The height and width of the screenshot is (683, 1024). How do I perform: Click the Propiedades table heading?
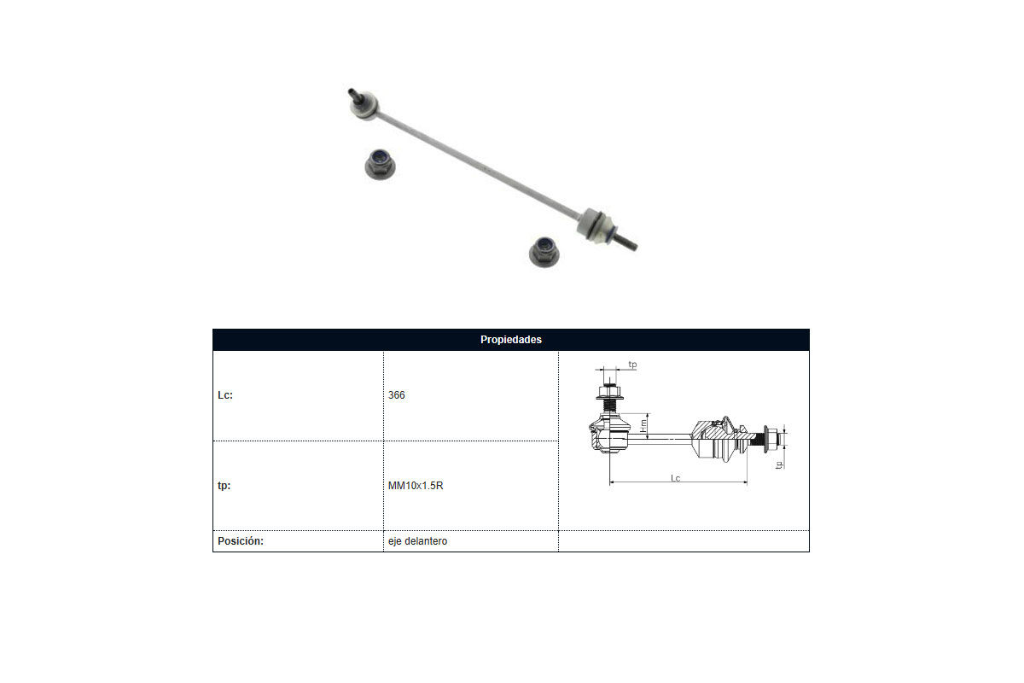[510, 340]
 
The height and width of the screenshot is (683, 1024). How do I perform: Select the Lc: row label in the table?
[225, 394]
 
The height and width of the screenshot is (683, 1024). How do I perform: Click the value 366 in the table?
[396, 394]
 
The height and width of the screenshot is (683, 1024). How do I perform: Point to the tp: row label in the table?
[224, 486]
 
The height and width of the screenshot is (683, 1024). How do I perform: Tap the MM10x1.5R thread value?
[416, 486]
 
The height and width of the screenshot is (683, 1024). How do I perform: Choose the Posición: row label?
[241, 540]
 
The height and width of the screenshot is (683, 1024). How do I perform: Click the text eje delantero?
[418, 541]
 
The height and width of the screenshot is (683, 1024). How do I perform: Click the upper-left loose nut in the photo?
[381, 164]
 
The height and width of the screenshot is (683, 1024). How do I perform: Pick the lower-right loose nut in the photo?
[544, 252]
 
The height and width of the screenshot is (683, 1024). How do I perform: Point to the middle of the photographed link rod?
[479, 165]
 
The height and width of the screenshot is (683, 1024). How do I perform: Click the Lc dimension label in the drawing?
[675, 478]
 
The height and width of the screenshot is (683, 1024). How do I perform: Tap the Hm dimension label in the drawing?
[643, 426]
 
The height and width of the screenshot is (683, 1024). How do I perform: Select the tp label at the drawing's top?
[632, 365]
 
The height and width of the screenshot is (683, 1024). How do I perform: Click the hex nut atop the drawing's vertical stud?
[609, 392]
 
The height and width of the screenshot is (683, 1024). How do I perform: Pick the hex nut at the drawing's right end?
[771, 439]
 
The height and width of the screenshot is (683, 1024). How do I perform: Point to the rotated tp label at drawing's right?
[780, 464]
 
